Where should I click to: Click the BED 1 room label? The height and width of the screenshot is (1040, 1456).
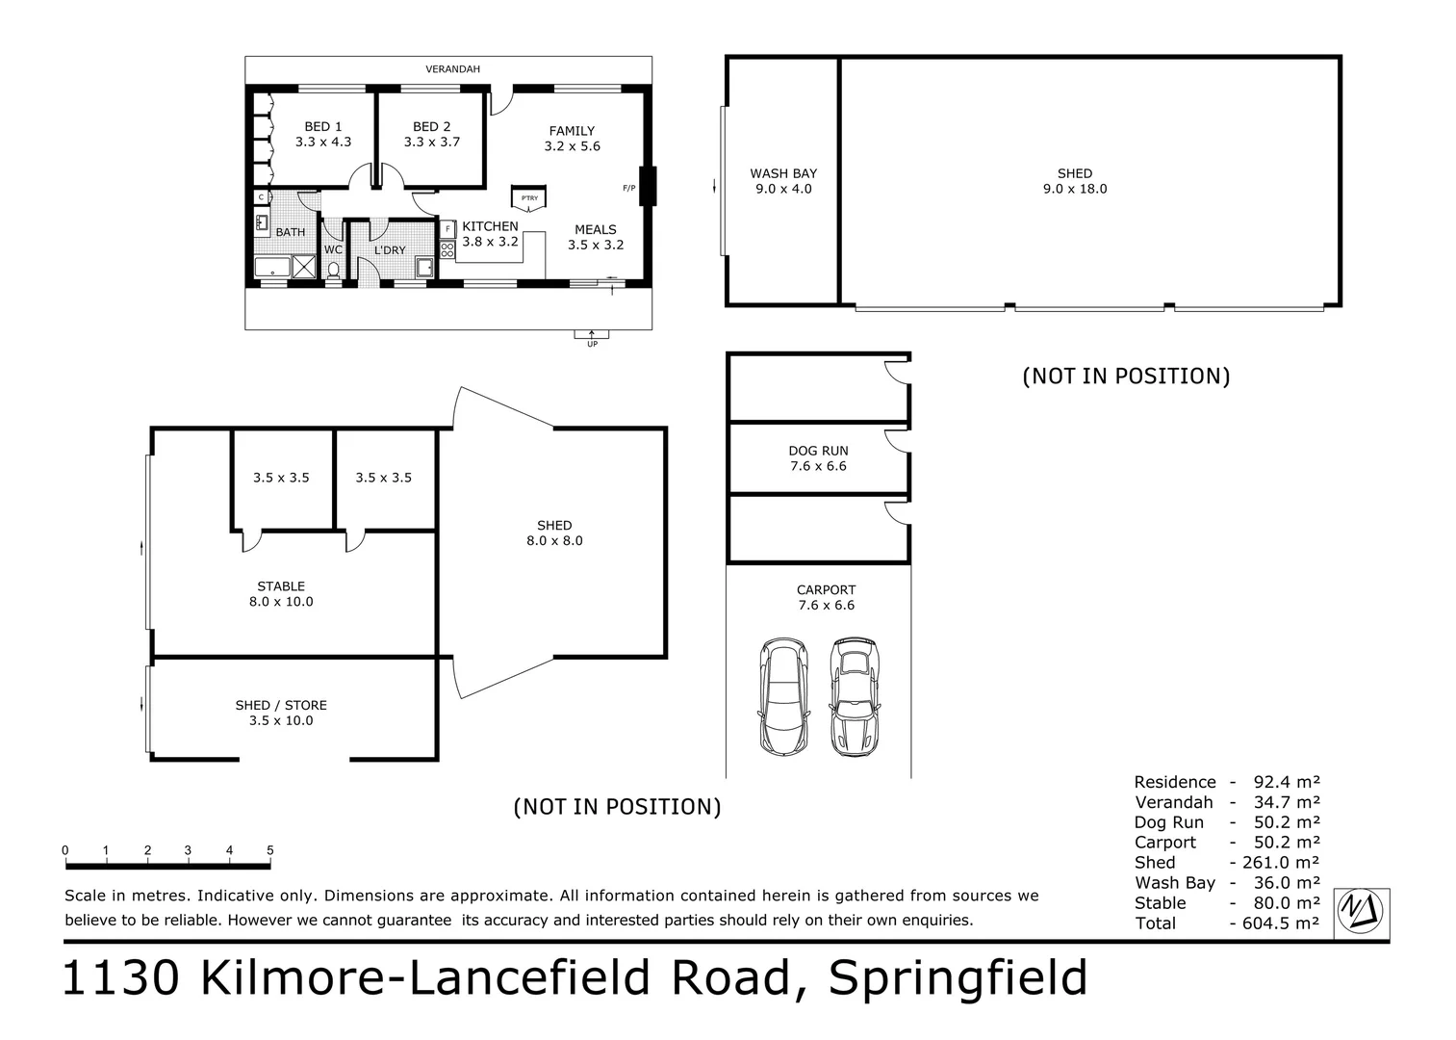click(322, 126)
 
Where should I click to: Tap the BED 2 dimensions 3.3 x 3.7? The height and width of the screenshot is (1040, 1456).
click(432, 142)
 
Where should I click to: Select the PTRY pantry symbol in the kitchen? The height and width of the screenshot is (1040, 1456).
click(529, 197)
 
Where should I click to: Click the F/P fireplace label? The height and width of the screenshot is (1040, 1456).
click(628, 188)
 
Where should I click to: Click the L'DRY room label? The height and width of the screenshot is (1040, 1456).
click(390, 250)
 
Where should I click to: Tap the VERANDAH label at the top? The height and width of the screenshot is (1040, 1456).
click(452, 69)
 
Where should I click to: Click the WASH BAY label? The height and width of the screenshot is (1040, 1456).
click(783, 173)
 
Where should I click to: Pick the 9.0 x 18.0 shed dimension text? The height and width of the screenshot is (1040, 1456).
click(1075, 189)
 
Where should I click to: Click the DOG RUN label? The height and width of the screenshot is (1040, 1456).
click(818, 451)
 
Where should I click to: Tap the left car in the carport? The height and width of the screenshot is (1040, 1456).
click(783, 695)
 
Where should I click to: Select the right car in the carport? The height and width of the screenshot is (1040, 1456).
click(855, 695)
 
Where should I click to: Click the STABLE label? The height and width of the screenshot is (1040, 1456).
click(281, 585)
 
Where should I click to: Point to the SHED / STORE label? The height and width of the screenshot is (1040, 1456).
click(281, 705)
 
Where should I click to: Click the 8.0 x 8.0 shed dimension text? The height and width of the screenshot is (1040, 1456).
click(554, 540)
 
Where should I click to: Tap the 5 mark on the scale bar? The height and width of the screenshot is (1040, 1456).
click(270, 850)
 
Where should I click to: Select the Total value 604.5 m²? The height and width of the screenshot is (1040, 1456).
click(1274, 923)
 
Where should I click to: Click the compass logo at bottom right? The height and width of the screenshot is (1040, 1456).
click(1361, 911)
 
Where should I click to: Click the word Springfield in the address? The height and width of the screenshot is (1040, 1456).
click(958, 977)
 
